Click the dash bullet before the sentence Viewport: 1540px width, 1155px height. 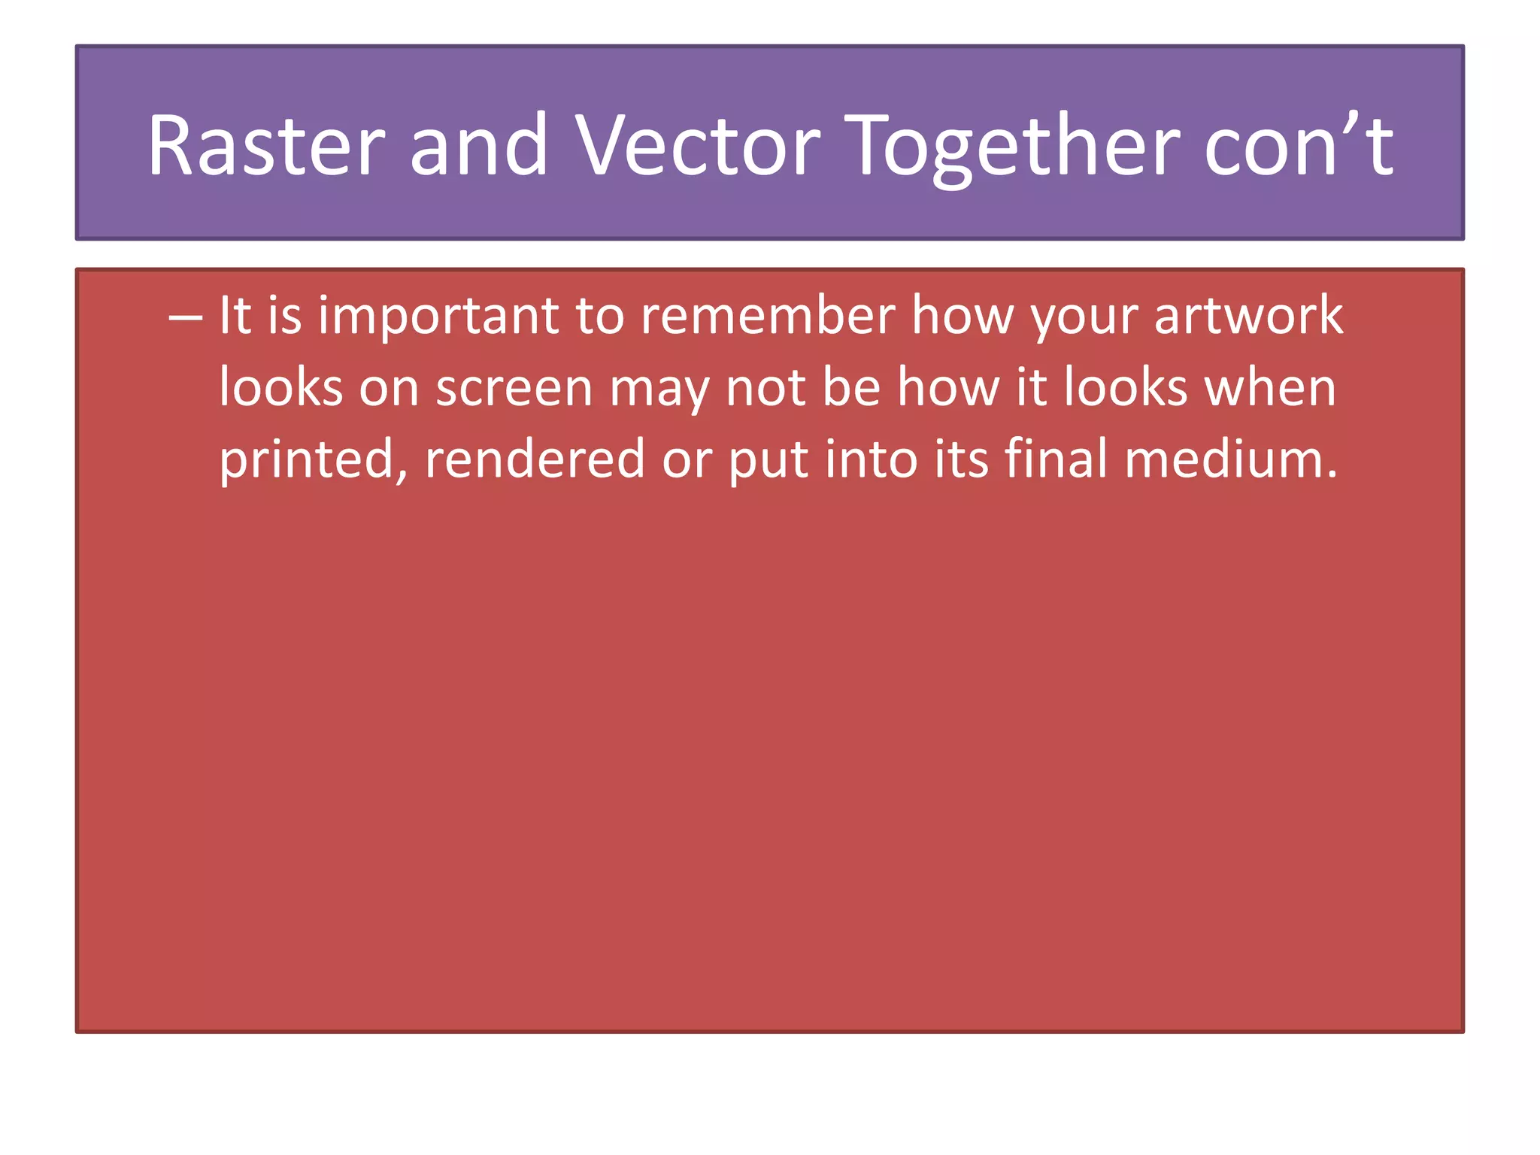pos(185,316)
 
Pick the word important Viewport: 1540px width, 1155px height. pos(438,316)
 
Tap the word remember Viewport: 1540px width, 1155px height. pos(767,316)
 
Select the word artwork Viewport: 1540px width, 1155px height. pos(1248,316)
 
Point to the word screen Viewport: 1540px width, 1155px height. pos(514,389)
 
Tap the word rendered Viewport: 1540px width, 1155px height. pos(535,460)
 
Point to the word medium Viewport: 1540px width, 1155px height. pos(1230,460)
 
